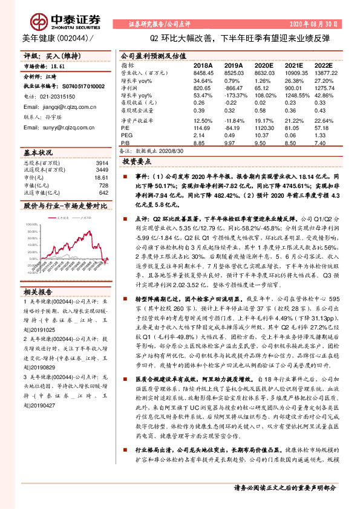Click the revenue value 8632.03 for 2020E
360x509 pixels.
(x=264, y=71)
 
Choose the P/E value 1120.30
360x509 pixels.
(x=264, y=129)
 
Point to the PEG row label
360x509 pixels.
(x=126, y=135)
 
